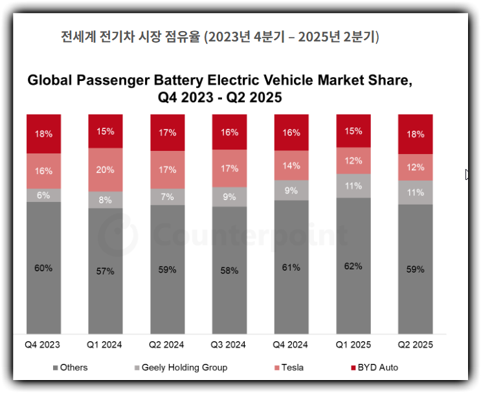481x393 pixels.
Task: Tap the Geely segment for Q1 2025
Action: click(353, 186)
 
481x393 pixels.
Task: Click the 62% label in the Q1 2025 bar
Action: click(353, 266)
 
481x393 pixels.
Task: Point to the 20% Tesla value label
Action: click(105, 170)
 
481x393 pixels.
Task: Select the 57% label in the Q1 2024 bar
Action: click(105, 271)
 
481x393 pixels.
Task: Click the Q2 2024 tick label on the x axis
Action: click(167, 344)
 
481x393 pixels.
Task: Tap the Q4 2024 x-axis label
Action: click(291, 344)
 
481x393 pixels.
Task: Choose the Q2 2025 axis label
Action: click(415, 344)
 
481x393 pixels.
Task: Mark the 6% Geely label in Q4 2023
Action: click(43, 195)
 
